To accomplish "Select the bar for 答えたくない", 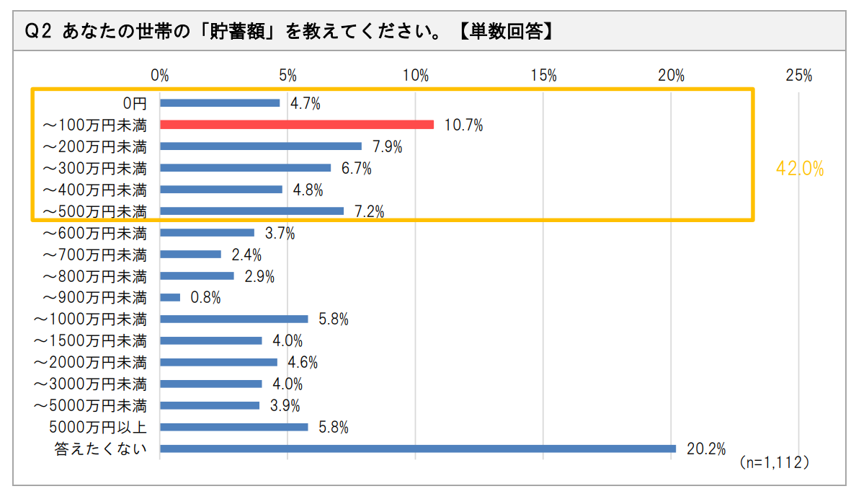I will pos(418,449).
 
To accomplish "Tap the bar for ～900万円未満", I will pos(170,297).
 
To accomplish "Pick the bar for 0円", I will pos(220,102).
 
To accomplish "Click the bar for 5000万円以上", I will pos(234,427).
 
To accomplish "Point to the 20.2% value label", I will pos(705,449).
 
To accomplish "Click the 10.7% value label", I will pos(463,125).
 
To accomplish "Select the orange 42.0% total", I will pos(799,169).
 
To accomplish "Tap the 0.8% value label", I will pos(205,297).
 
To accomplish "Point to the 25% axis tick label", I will pos(799,76).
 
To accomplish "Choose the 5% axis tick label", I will pos(287,76).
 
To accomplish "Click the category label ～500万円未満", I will pos(94,211).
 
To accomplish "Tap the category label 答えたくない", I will pos(101,449).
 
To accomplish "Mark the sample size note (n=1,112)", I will pos(774,462).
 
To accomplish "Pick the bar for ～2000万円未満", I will pos(218,362).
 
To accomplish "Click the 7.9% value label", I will pos(388,146).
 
